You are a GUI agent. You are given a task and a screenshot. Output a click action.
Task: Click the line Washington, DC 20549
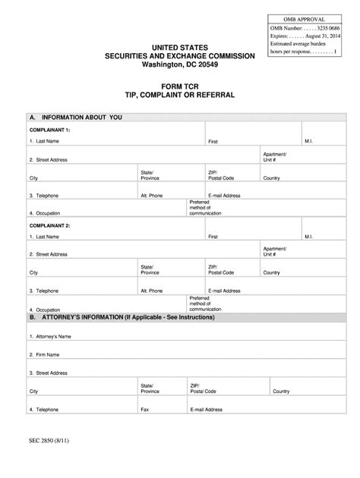[x=179, y=65]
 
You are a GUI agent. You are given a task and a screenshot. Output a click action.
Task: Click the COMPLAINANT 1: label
[x=49, y=130]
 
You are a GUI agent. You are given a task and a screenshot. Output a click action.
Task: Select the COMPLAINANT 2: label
[x=49, y=225]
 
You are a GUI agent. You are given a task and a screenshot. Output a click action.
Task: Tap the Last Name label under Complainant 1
[x=45, y=142]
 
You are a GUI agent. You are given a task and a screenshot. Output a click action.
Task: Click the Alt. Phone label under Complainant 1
[x=152, y=195]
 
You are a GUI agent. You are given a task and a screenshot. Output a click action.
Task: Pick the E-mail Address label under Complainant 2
[x=224, y=291]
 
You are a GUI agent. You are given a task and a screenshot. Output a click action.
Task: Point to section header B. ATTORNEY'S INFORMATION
[x=122, y=317]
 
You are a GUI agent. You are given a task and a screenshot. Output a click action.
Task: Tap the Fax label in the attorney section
[x=144, y=410]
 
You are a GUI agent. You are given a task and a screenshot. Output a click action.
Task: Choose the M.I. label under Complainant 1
[x=309, y=142]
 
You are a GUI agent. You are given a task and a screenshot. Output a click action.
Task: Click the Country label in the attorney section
[x=281, y=392]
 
